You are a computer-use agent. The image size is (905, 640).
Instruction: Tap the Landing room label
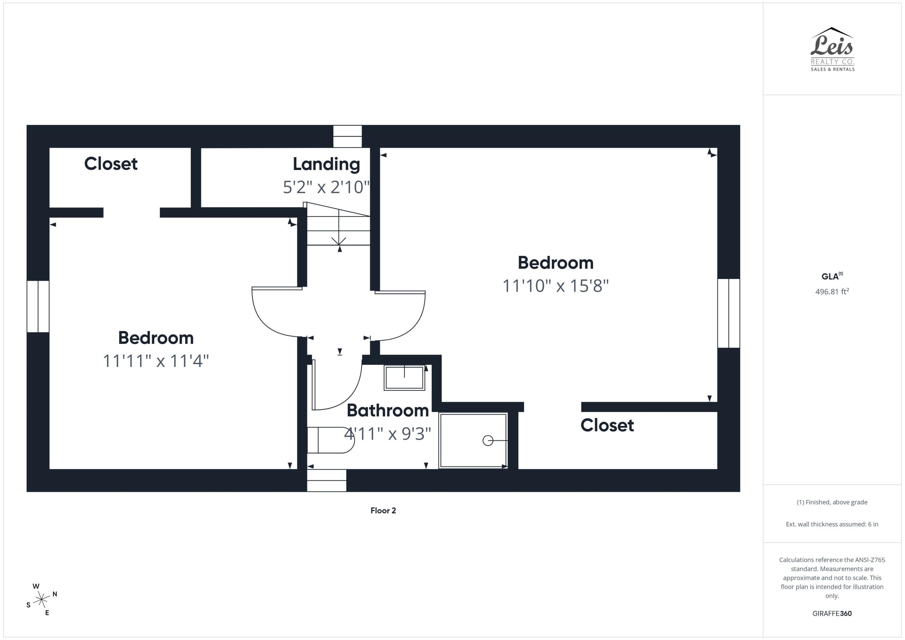326,164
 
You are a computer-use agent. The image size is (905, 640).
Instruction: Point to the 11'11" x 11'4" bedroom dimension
156,361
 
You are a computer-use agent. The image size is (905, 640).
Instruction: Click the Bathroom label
387,411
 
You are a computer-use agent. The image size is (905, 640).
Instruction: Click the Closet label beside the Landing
111,164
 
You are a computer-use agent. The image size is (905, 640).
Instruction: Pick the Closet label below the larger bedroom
607,425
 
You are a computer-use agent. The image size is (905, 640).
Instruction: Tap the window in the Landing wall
347,136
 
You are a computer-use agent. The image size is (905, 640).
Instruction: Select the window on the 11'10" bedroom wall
729,313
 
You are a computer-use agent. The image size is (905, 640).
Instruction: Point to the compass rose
41,599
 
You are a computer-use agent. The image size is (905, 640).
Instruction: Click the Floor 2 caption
383,511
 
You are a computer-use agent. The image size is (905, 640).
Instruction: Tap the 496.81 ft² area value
832,292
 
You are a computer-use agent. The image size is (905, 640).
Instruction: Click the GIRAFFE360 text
832,613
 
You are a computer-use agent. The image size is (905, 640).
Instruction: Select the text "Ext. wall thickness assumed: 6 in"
832,524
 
